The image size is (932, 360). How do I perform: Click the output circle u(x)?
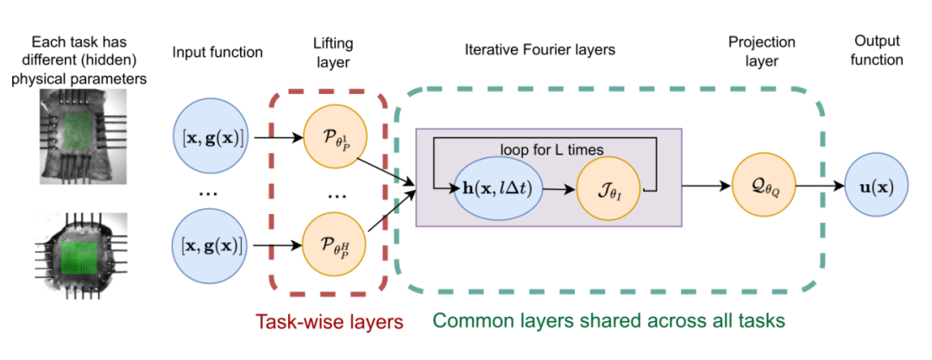click(x=875, y=185)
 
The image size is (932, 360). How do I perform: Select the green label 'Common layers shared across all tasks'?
click(x=609, y=321)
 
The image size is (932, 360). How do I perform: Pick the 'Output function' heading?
click(x=877, y=51)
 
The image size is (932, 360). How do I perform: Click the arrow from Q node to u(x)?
click(x=820, y=185)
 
